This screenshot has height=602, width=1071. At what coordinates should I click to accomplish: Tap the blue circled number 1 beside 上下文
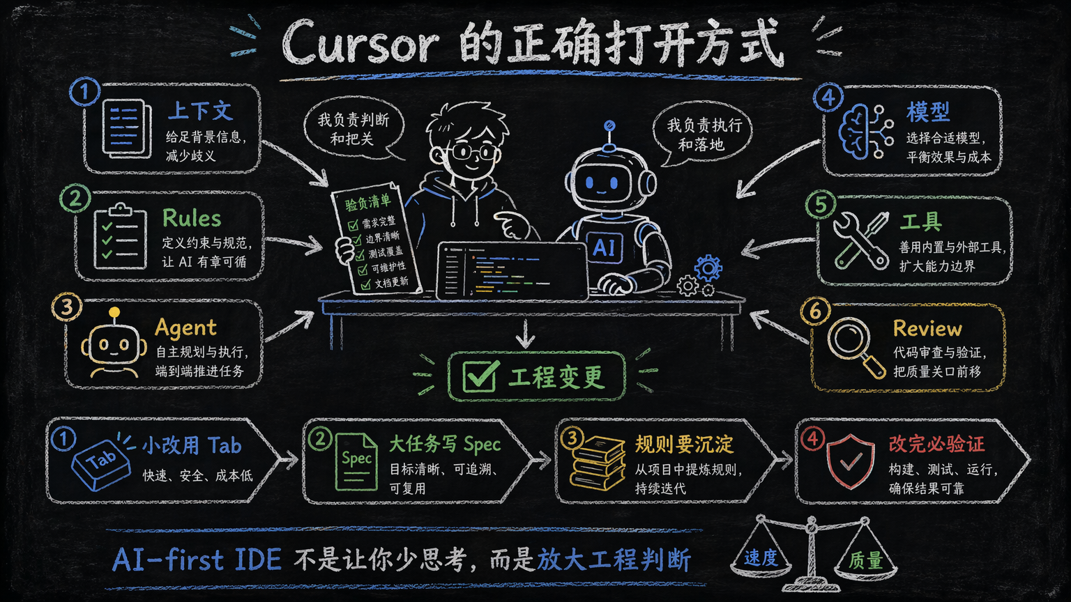point(84,91)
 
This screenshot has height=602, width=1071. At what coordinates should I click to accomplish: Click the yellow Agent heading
point(185,327)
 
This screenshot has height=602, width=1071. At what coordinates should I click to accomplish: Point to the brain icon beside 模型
point(865,132)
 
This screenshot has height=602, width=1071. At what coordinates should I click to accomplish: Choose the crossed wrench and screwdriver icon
point(861,240)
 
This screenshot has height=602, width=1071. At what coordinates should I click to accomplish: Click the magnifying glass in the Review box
point(856,348)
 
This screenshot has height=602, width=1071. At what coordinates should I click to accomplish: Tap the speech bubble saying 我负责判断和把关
point(354,128)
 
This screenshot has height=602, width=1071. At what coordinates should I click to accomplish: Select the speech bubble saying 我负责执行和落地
point(703,134)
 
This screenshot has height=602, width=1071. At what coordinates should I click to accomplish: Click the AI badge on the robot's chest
point(604,247)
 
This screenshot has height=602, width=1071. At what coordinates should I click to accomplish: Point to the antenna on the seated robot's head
point(609,136)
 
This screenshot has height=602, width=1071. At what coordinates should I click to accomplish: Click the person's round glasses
point(471,153)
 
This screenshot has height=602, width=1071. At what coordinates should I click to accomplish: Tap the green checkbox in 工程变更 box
point(480,376)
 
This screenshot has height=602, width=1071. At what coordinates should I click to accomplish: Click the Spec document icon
point(356,461)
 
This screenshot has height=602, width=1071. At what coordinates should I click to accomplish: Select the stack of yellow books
point(598,463)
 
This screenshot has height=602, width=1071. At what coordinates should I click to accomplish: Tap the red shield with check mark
point(851,461)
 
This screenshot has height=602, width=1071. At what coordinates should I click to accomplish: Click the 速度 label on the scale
point(761,557)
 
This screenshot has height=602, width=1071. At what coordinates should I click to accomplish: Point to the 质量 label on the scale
point(865,560)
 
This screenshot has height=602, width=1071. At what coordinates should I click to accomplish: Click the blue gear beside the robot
point(708,268)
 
